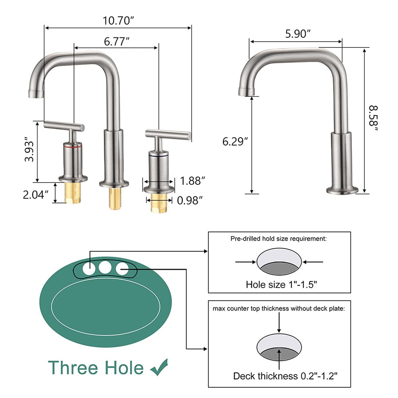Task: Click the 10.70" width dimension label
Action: pos(117,21)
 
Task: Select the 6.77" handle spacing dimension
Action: pos(116,41)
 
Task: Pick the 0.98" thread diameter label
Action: pos(190,200)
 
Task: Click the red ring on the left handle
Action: pos(73,147)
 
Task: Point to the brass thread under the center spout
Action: pos(115,198)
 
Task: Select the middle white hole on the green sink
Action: pos(105,267)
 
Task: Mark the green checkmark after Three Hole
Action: pos(159,367)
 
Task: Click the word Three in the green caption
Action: pos(74,367)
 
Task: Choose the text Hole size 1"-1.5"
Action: pos(281,285)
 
